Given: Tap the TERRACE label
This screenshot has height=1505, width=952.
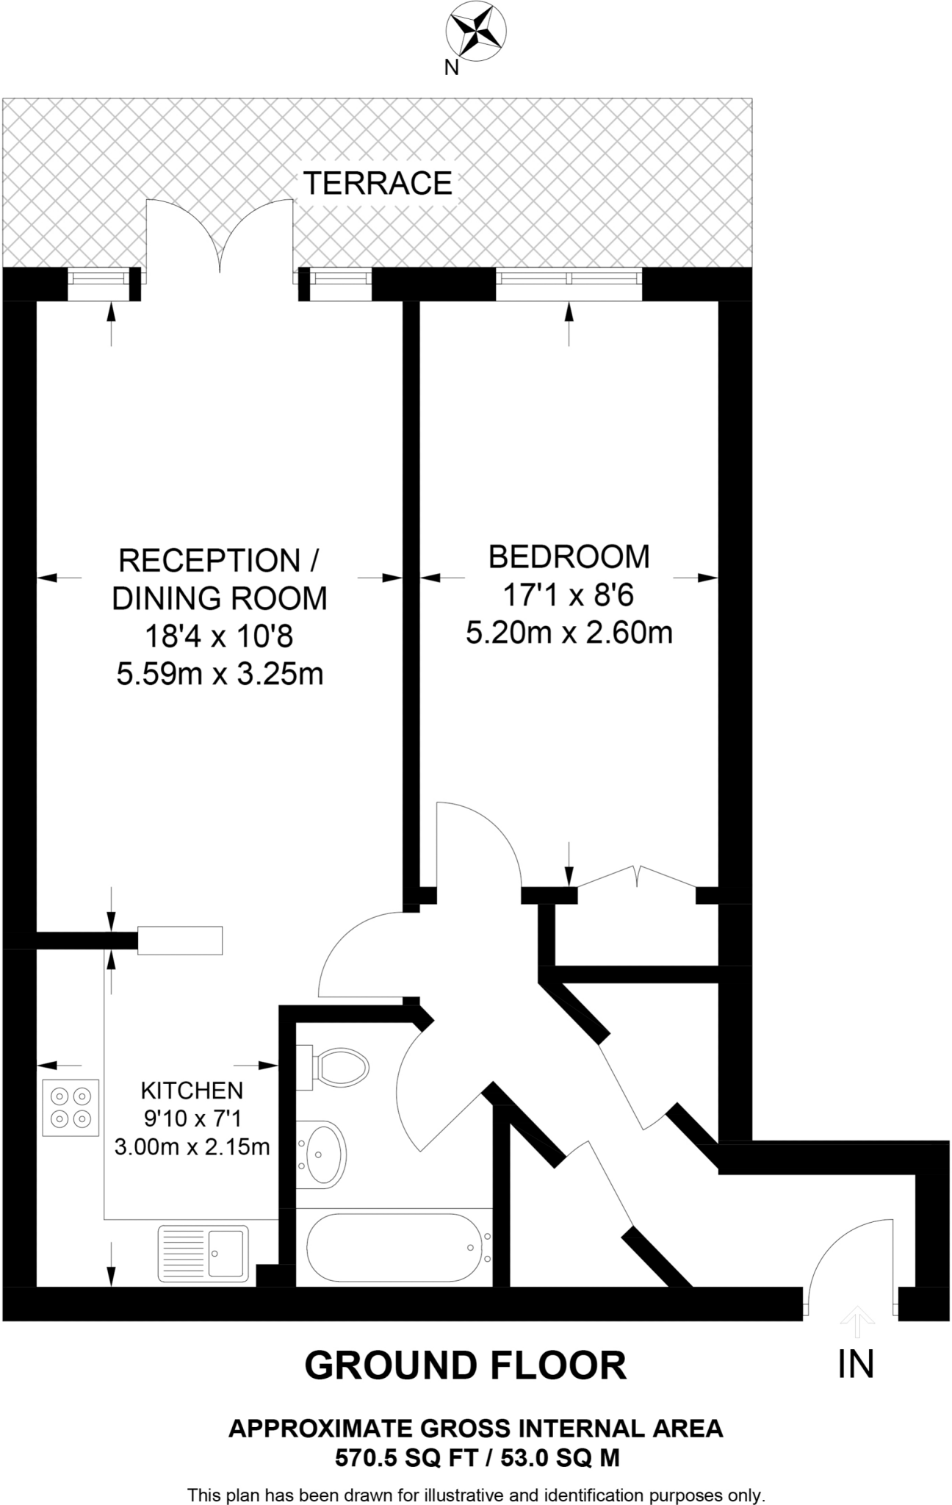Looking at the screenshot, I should tap(378, 183).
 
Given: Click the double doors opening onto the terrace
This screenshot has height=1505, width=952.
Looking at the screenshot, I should tap(220, 239).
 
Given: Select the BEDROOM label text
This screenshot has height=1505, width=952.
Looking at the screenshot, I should tap(569, 556).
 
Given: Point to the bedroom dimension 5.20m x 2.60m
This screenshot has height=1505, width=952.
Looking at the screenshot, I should tap(569, 632).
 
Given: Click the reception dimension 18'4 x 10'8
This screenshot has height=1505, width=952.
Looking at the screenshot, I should tap(219, 636).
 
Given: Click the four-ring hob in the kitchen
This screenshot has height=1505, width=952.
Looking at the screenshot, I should tap(71, 1108).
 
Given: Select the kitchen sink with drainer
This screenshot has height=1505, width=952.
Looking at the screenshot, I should tap(203, 1253).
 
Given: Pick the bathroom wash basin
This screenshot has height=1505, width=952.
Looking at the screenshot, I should tap(321, 1153).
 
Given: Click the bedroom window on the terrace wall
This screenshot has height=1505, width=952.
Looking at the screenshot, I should tap(569, 278).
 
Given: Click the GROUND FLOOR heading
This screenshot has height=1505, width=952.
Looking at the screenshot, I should tap(465, 1365).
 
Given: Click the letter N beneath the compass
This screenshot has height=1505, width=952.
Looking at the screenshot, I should tap(451, 68).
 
